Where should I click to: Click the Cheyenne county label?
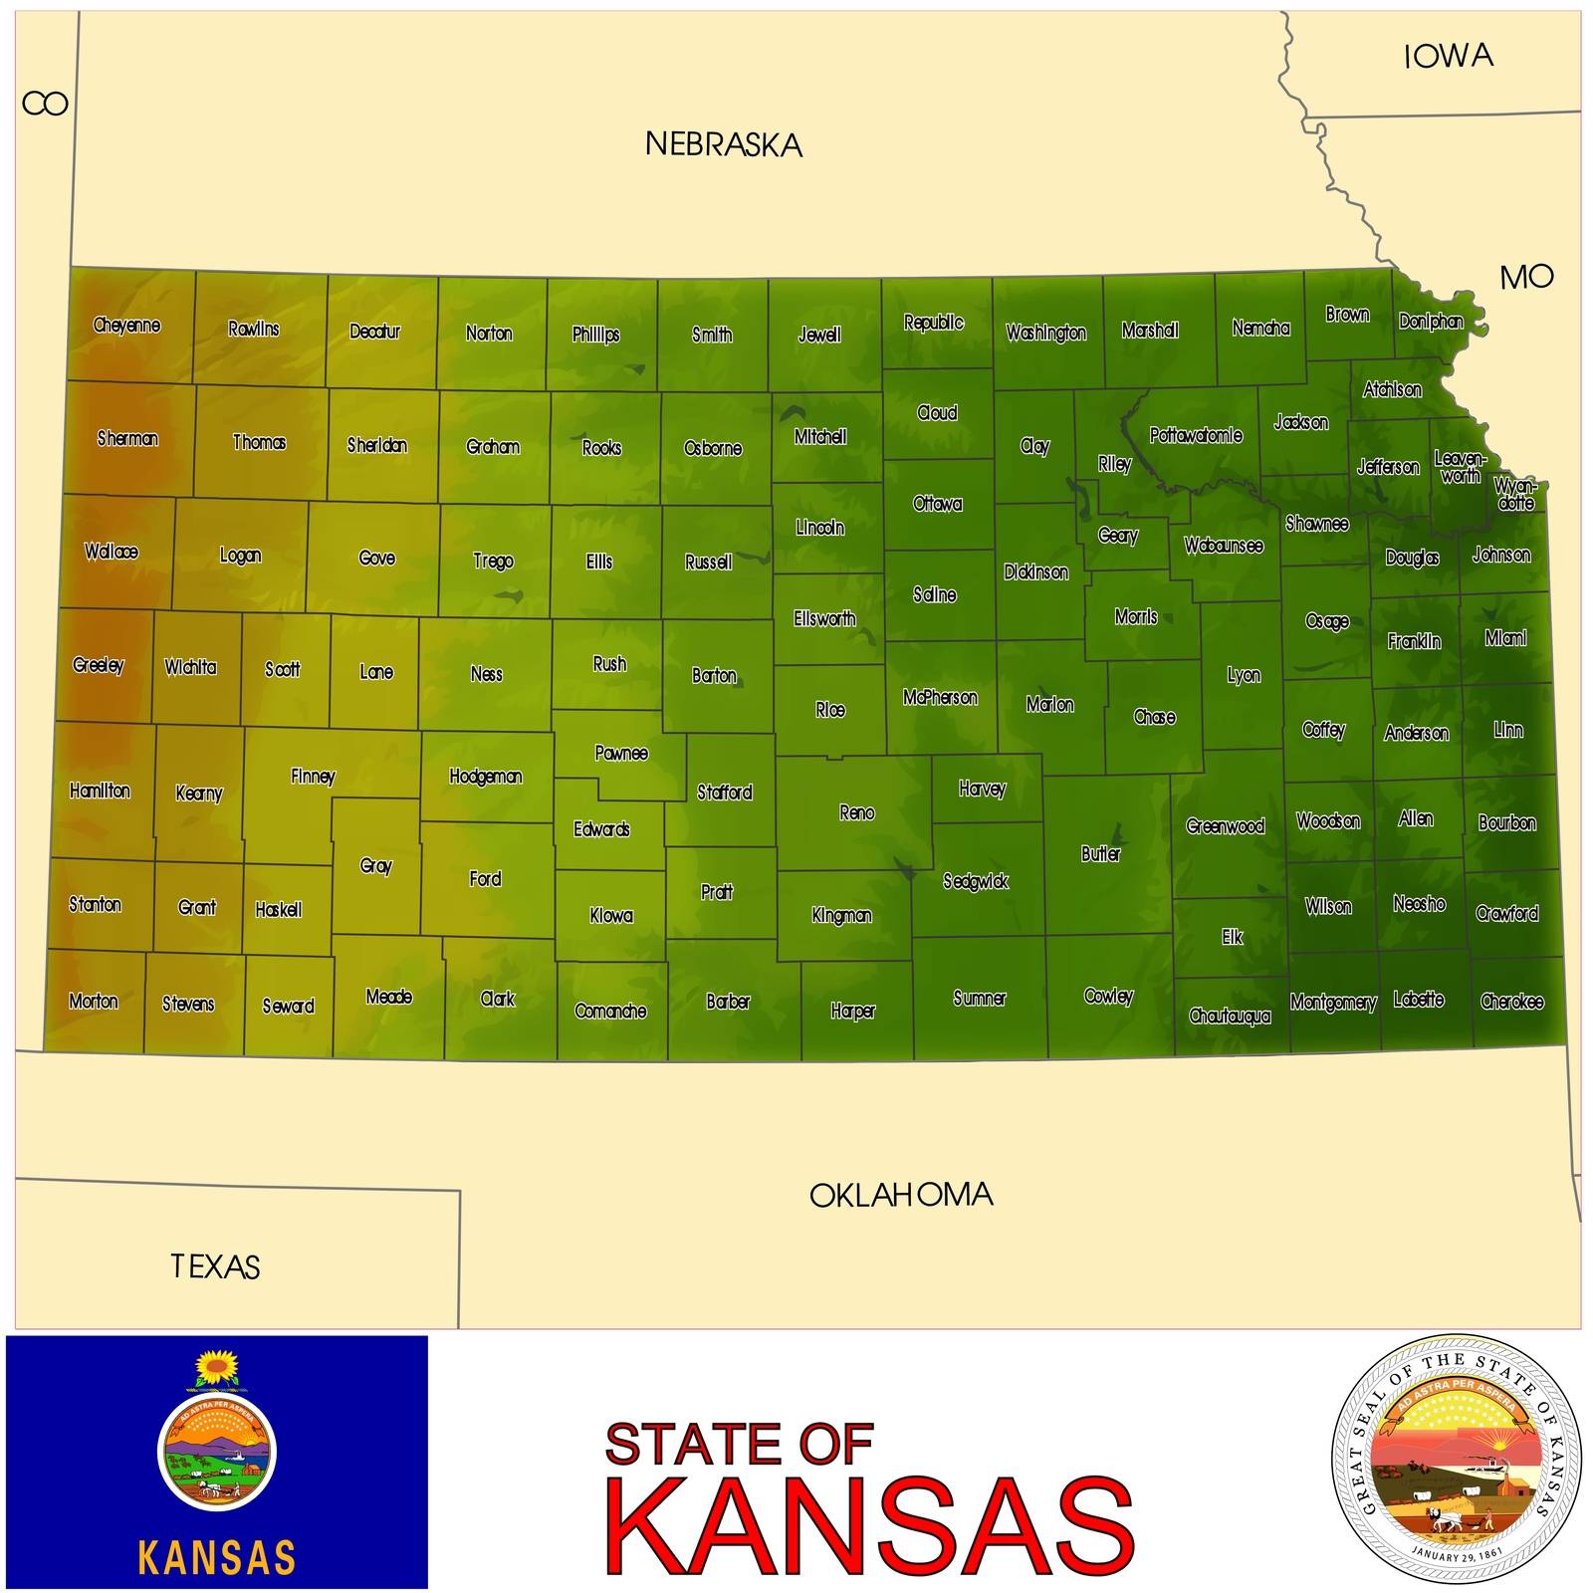pyautogui.click(x=126, y=326)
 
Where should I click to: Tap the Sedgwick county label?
pyautogui.click(x=976, y=881)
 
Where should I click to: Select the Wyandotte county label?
pyautogui.click(x=1515, y=494)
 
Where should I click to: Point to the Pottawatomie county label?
pyautogui.click(x=1196, y=435)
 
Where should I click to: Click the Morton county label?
pyautogui.click(x=94, y=1002)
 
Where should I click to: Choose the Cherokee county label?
pyautogui.click(x=1511, y=1002)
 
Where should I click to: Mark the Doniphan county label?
pyautogui.click(x=1431, y=322)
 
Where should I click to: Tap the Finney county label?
pyautogui.click(x=313, y=777)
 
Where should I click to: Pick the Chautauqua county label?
pyautogui.click(x=1230, y=1017)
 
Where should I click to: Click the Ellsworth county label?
pyautogui.click(x=824, y=619)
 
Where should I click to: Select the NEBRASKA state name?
pyautogui.click(x=724, y=145)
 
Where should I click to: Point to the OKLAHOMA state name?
pyautogui.click(x=901, y=1195)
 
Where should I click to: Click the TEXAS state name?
pyautogui.click(x=215, y=1266)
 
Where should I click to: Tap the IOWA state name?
pyautogui.click(x=1449, y=57)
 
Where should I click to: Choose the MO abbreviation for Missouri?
pyautogui.click(x=1526, y=277)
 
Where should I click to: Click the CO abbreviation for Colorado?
pyautogui.click(x=45, y=104)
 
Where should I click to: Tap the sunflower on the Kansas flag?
pyautogui.click(x=216, y=1367)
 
